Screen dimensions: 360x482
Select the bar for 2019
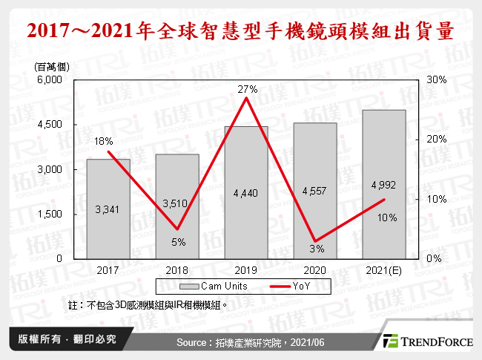point(246,192)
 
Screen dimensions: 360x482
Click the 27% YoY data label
point(247,90)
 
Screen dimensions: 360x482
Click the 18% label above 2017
point(103,141)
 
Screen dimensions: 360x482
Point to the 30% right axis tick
point(436,80)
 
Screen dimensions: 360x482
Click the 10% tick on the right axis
point(436,199)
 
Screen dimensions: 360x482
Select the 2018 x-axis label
point(176,270)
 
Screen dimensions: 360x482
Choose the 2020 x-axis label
point(314,270)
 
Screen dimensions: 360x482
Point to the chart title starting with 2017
point(240,32)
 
